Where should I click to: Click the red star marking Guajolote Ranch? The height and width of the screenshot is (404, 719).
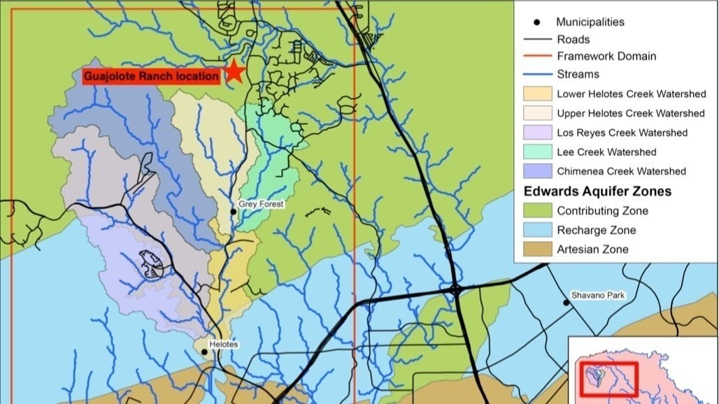click(x=234, y=71)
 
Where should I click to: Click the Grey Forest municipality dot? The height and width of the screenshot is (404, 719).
click(x=234, y=211)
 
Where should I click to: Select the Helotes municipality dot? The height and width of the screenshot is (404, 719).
click(x=204, y=352)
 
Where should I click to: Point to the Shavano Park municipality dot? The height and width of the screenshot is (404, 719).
click(x=566, y=303)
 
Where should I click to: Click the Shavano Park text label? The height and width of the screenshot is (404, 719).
click(x=597, y=296)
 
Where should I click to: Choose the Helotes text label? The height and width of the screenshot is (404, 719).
click(x=224, y=345)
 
